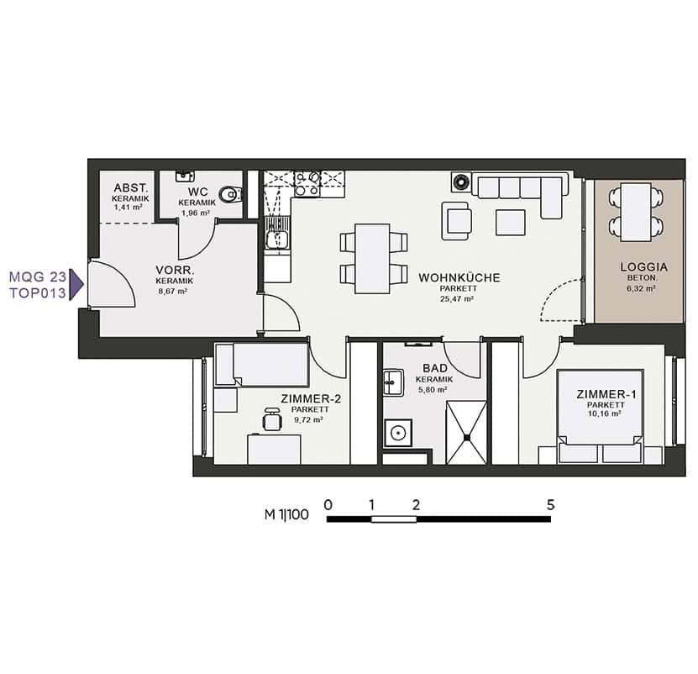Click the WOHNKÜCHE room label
459,277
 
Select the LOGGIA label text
643,267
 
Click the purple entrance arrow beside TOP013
78,284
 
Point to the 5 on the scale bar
551,505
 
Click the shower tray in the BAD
466,433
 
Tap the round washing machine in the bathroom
398,433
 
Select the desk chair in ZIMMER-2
272,419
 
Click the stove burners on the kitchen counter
307,184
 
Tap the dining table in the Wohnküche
373,258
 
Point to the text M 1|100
286,514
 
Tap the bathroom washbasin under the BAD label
393,382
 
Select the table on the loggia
636,212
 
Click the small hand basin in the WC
184,176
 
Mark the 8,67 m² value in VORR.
173,291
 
